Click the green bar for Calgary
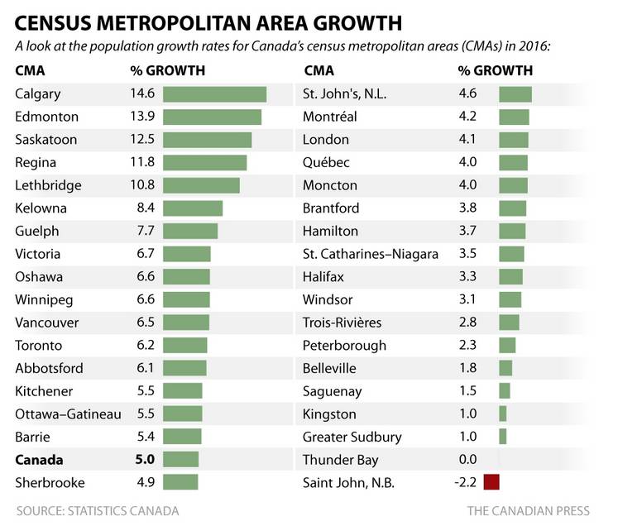click(214, 94)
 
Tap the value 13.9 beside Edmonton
click(142, 117)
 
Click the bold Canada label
click(39, 459)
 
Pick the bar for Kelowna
click(193, 208)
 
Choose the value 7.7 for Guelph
click(146, 231)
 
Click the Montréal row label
click(330, 117)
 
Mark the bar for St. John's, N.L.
click(515, 94)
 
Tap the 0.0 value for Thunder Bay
click(467, 459)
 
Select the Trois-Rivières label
click(342, 322)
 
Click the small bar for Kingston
click(502, 414)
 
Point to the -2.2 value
click(465, 482)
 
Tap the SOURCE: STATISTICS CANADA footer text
click(98, 510)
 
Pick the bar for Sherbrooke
click(180, 482)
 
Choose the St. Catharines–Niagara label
click(370, 254)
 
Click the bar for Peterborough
click(506, 345)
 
